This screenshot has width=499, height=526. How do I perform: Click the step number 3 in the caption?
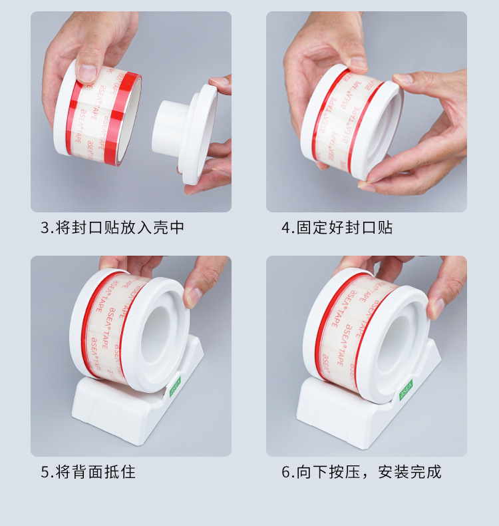(x=45, y=228)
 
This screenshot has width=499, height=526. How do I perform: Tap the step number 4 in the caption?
(x=285, y=228)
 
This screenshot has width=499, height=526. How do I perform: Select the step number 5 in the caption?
(x=45, y=473)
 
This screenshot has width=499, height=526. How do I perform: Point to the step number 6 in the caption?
(x=285, y=473)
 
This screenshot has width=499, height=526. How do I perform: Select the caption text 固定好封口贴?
(x=345, y=228)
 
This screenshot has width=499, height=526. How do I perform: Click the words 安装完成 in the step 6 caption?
(x=409, y=473)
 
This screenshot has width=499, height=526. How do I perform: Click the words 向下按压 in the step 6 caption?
(x=329, y=473)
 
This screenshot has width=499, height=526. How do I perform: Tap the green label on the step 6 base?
(x=406, y=392)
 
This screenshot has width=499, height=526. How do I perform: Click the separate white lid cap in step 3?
(x=190, y=133)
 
